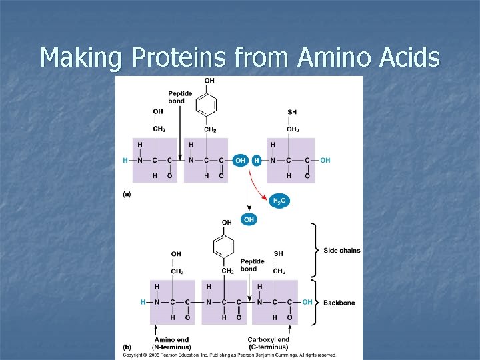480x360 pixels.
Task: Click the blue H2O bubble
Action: (x=280, y=201)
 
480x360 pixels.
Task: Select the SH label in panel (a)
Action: (x=292, y=112)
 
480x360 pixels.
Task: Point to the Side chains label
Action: (x=341, y=251)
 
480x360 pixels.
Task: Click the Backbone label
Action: (x=339, y=303)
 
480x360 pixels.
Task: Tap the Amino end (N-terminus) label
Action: (x=171, y=343)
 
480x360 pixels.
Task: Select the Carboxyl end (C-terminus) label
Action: (x=269, y=343)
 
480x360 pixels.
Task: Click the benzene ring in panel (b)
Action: (x=227, y=247)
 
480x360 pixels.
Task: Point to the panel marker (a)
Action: (x=126, y=194)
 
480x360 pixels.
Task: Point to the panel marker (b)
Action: (x=126, y=347)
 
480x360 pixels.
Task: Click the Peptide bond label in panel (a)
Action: (x=180, y=97)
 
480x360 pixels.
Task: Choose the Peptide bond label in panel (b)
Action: (x=252, y=265)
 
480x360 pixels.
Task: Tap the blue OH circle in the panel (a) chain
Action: (x=241, y=161)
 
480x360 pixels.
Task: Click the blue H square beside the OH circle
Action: (x=257, y=161)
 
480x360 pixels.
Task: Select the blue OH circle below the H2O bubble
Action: (x=249, y=219)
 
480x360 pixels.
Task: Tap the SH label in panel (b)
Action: (x=278, y=253)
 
